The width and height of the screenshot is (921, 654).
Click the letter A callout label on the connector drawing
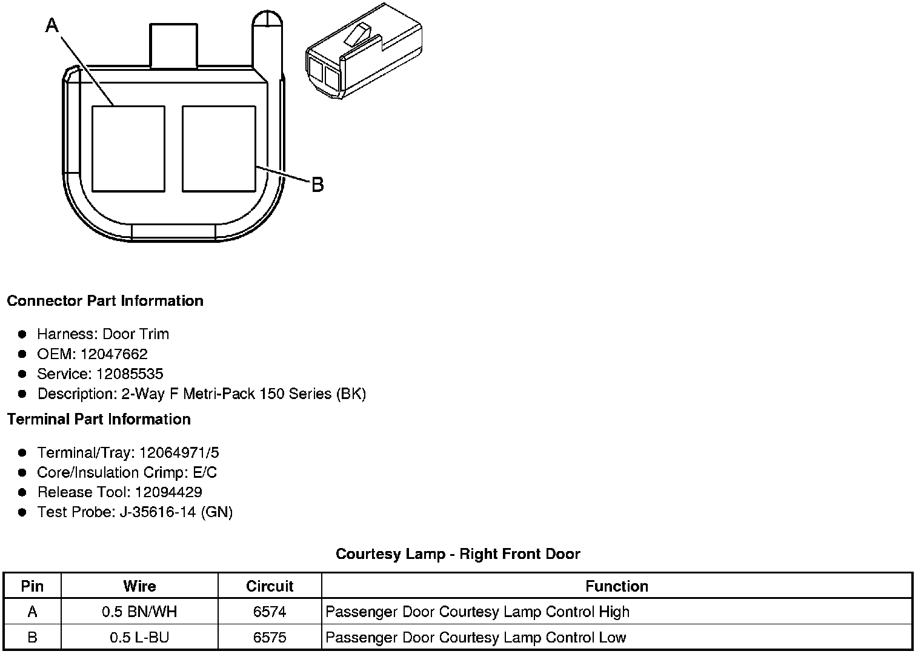click(53, 25)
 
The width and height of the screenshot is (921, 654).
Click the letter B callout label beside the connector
click(318, 185)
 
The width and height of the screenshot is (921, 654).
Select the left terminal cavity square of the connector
click(128, 148)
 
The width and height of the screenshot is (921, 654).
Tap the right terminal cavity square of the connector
click(219, 148)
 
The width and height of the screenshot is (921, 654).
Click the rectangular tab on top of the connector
click(173, 46)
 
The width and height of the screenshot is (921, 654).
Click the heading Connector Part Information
click(105, 301)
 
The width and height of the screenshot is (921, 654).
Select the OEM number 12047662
click(114, 354)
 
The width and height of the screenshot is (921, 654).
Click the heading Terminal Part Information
click(99, 419)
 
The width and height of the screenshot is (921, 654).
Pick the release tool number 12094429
click(168, 492)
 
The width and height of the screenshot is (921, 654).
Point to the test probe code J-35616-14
click(158, 512)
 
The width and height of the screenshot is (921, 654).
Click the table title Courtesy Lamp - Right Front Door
click(458, 553)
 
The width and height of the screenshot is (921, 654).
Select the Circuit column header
click(270, 586)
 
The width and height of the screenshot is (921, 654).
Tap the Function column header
click(617, 586)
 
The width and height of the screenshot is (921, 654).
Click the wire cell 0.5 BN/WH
click(139, 612)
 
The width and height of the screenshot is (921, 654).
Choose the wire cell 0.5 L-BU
click(139, 637)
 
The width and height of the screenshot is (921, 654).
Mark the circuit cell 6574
click(270, 612)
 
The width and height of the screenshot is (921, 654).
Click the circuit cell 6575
click(270, 637)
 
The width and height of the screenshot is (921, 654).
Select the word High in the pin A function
click(614, 612)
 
